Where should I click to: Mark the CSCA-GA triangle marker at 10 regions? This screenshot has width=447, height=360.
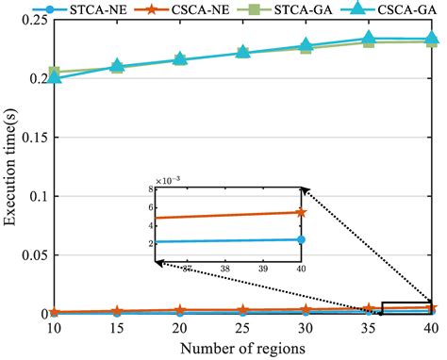tap(54, 77)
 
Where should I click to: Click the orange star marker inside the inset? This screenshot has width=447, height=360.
tap(301, 212)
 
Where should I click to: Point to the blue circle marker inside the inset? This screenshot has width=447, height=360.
tap(301, 239)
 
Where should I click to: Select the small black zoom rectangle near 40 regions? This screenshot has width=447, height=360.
tap(407, 307)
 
